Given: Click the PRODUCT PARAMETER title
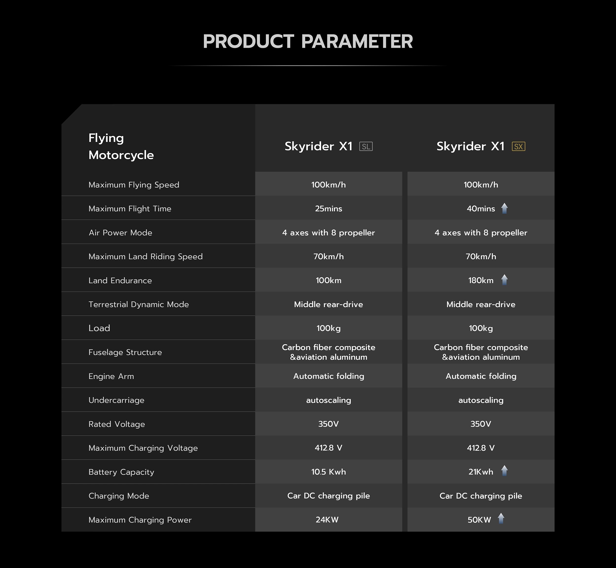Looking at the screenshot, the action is coord(308,41).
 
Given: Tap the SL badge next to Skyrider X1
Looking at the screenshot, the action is coord(366,147).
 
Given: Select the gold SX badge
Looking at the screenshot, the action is coord(518,147).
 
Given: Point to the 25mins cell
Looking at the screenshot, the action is coord(329,209).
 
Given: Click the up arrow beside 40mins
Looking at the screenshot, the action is coord(504,208).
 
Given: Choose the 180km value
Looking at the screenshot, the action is coord(481,280).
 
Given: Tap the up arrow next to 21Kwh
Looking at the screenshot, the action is coord(504,470).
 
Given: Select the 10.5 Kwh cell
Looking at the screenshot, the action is coord(329,472).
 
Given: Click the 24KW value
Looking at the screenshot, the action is coord(327,520).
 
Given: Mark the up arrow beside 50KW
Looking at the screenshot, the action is coord(501,518).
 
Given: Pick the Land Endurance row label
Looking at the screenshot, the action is coord(120,281).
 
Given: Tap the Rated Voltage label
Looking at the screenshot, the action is coord(117,424).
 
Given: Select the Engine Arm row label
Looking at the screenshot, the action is coord(111,376).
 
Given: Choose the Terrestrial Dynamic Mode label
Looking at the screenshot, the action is coord(138,304).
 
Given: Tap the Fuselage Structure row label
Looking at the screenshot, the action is coord(125,352).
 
